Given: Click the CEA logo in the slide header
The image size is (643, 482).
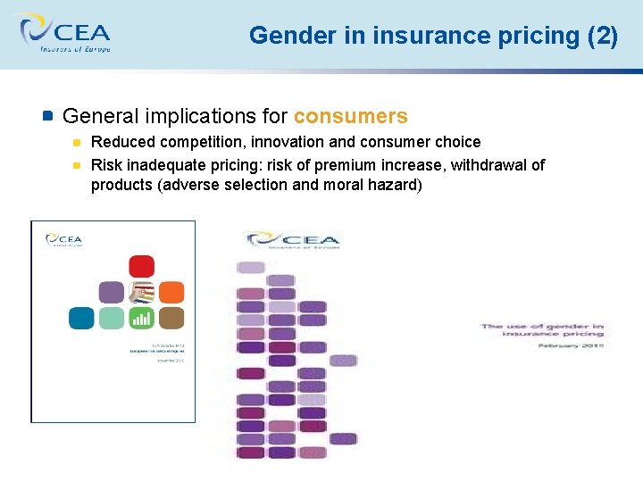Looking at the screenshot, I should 62,34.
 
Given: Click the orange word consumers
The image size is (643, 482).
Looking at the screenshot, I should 350,116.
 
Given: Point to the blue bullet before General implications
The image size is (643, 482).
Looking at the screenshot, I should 48,116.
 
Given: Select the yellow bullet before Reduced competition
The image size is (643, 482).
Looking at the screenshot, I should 78,142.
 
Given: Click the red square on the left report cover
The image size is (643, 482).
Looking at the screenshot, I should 141,266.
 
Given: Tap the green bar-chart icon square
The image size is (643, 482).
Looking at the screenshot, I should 141,318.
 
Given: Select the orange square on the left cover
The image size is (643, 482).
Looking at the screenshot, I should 171,292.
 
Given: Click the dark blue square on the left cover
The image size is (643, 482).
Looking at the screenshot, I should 81,318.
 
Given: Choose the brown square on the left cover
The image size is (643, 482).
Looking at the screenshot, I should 171,318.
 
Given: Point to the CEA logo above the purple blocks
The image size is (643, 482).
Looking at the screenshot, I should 292,240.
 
